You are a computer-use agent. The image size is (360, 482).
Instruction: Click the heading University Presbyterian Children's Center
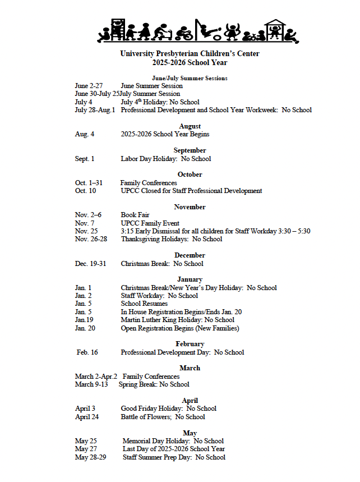190,54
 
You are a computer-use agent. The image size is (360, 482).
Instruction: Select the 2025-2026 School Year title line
190,62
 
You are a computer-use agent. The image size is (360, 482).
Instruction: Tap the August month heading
190,126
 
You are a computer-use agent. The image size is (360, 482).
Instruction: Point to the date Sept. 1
85,159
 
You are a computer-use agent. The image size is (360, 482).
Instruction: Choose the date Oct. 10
85,191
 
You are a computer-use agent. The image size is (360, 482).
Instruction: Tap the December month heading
190,255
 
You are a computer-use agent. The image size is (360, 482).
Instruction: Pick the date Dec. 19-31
91,264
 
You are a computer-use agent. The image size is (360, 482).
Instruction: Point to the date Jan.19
84,320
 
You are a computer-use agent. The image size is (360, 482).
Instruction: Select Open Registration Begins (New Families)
179,328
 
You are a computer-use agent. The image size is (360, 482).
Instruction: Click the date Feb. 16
87,352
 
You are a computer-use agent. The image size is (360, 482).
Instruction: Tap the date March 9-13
91,384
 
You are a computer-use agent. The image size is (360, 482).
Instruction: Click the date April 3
85,408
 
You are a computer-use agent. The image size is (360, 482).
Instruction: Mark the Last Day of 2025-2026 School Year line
173,449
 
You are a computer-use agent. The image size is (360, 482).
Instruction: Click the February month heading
190,344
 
